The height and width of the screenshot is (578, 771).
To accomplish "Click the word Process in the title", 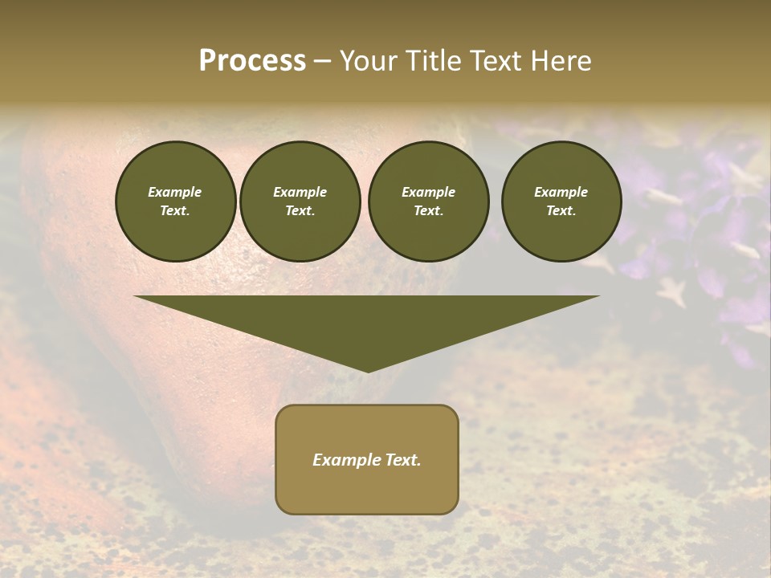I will pos(252,61).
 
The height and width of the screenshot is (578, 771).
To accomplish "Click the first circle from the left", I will pos(176,201).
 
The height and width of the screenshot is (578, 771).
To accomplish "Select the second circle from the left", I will pos(300,201).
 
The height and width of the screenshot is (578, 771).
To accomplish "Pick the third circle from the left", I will pos(428,201).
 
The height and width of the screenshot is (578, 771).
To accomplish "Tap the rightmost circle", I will pos(561,201).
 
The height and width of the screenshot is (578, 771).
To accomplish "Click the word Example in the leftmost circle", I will pos(175,192).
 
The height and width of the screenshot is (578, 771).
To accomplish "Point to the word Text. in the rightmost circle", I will pos(561,211).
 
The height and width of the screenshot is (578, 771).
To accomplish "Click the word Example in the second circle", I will pos(300,192).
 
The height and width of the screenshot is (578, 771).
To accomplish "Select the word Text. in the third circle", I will pos(428,211).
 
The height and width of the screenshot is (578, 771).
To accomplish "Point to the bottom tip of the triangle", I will pos(367,370).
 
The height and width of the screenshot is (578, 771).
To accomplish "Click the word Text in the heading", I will pos(494,61).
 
